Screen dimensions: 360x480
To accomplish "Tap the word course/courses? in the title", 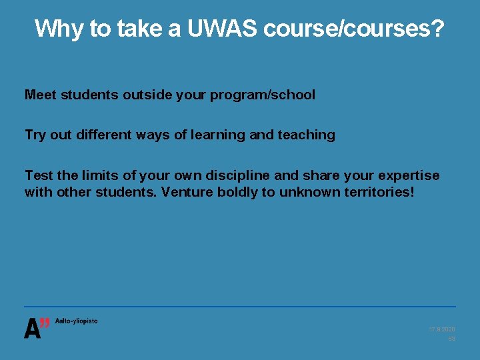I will click(353, 29).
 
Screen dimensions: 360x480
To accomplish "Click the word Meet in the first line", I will click(41, 95).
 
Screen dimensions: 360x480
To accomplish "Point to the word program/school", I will click(263, 95).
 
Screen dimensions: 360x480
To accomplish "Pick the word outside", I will click(144, 95).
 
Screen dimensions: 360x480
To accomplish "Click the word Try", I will click(35, 135).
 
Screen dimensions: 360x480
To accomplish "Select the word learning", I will click(219, 135).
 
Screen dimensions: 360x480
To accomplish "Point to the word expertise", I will click(409, 175).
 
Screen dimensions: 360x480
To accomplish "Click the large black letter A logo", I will click(31, 329).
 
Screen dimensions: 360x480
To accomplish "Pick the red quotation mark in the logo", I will click(45, 323).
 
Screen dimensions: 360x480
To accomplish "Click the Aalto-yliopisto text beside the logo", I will click(76, 321).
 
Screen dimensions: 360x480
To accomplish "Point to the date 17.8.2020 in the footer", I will click(442, 330).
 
